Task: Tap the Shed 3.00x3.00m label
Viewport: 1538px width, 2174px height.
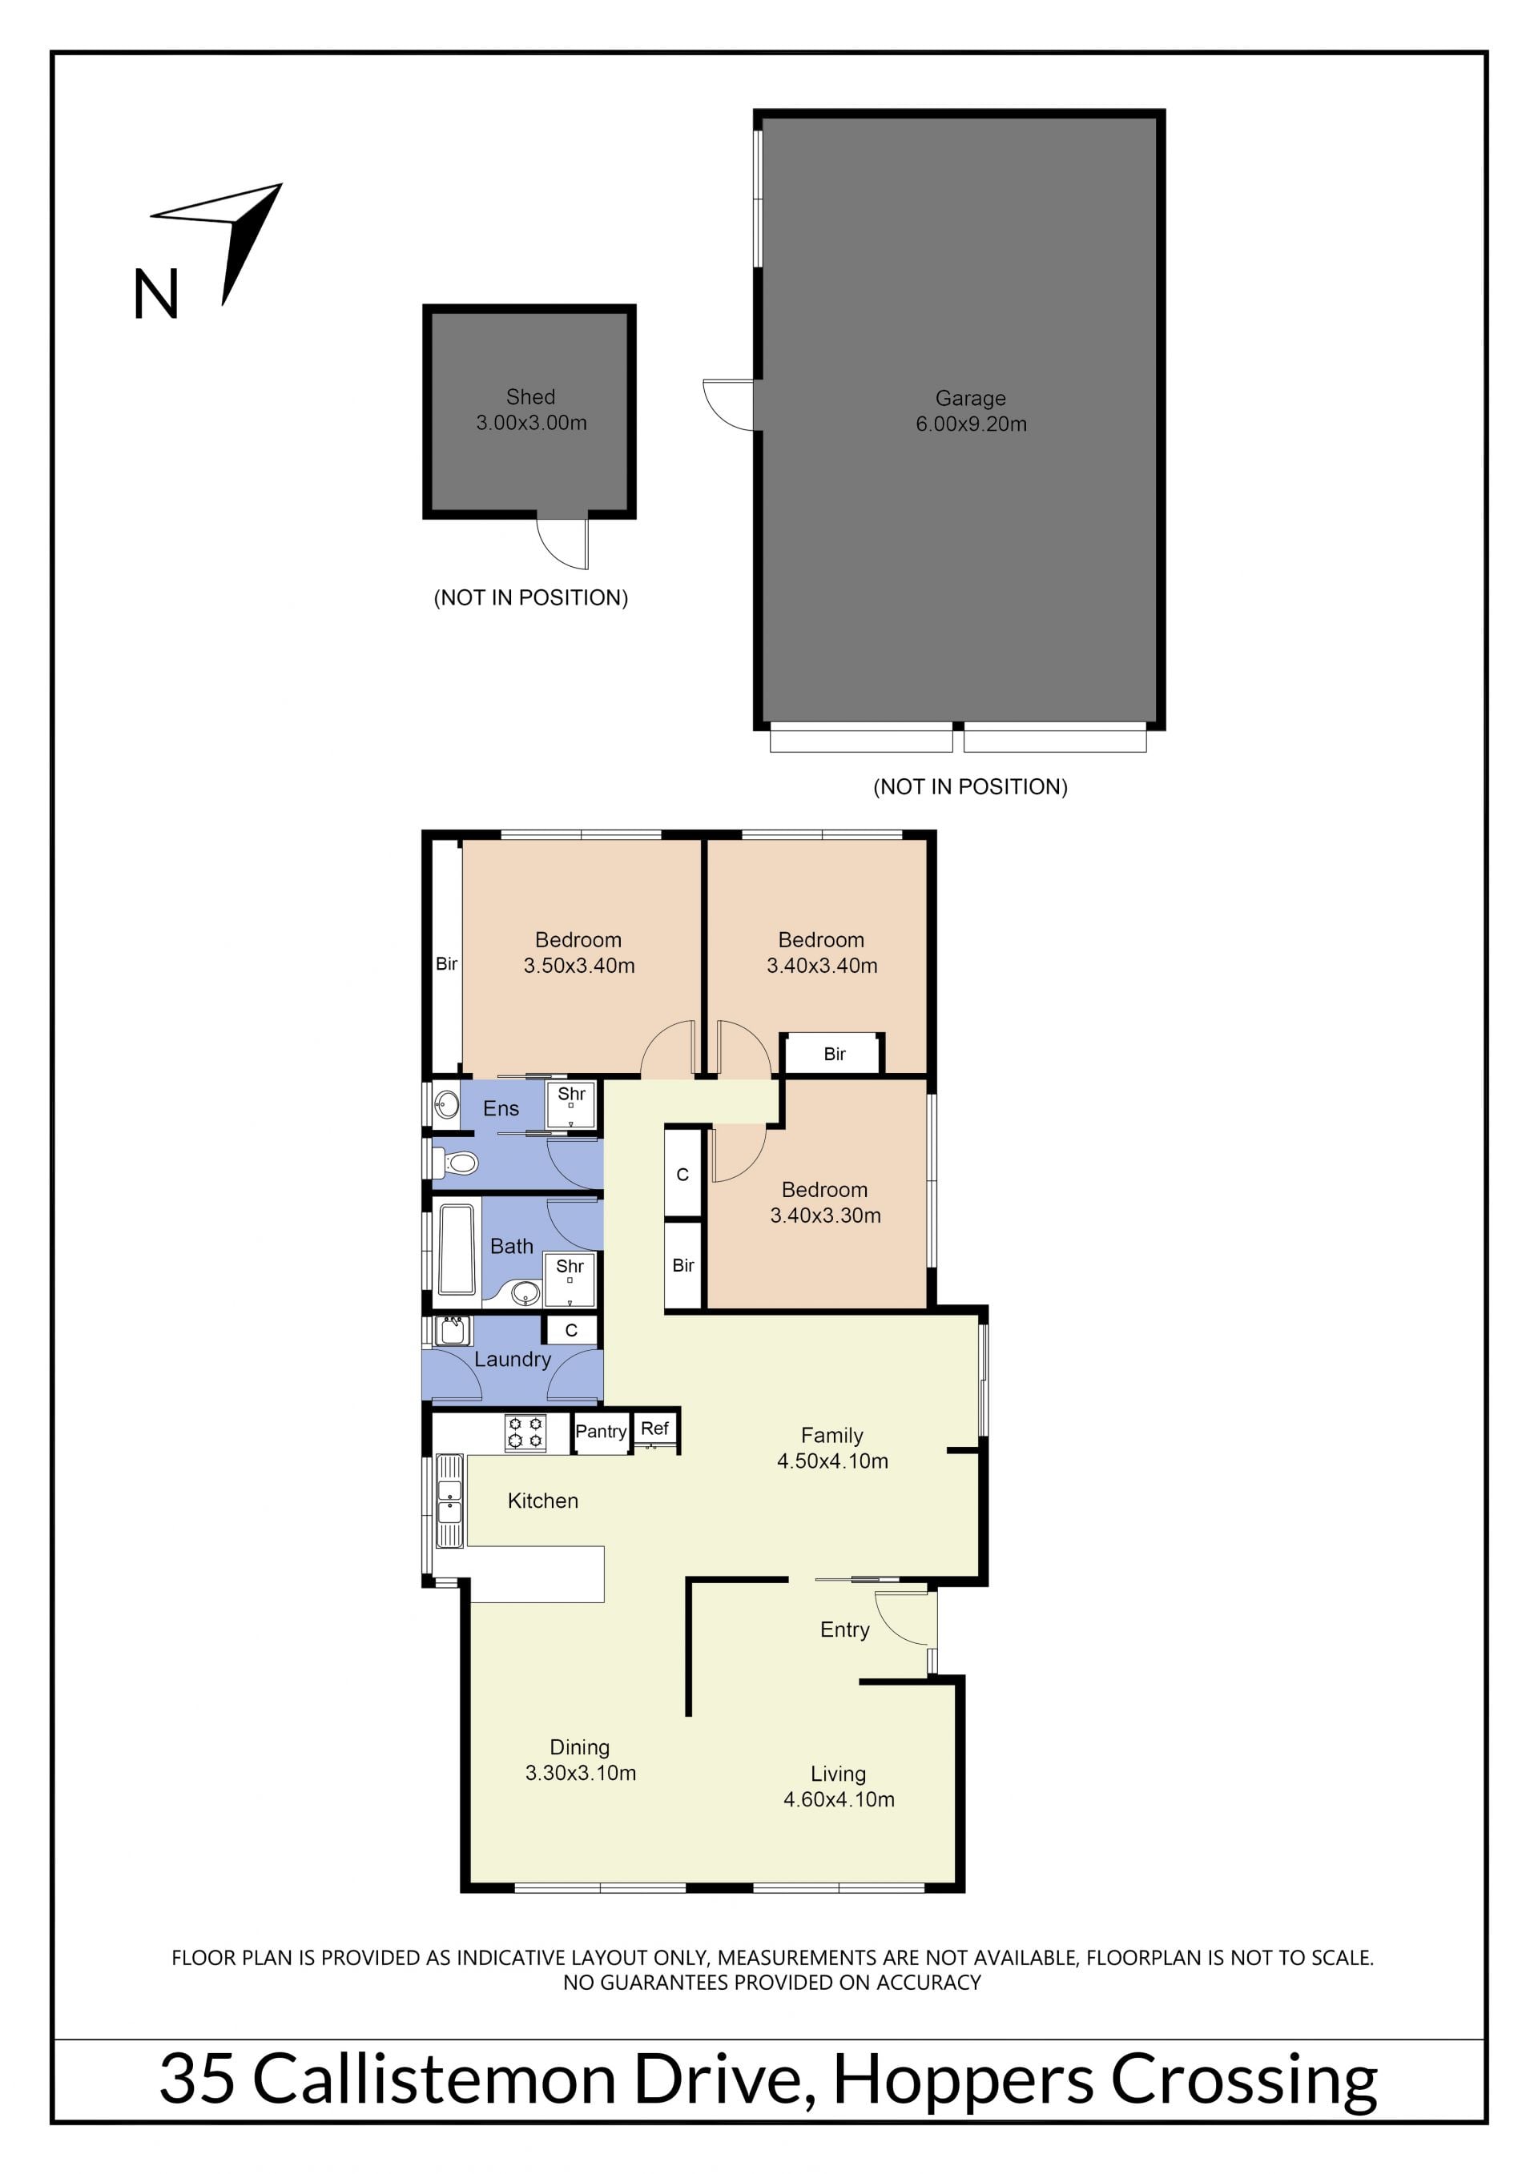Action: (530, 410)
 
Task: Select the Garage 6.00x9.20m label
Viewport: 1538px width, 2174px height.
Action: (971, 411)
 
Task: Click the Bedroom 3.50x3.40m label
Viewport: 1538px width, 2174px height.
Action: (578, 953)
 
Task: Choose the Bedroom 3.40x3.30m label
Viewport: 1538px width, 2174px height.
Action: (825, 1203)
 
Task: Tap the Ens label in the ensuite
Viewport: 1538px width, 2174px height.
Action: (501, 1109)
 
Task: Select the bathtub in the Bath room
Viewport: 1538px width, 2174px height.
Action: (457, 1249)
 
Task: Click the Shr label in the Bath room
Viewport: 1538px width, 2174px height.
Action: (570, 1266)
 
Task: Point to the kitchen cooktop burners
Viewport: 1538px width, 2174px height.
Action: (525, 1433)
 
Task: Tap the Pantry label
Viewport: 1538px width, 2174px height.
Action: (601, 1431)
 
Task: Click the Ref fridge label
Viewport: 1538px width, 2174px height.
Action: (654, 1428)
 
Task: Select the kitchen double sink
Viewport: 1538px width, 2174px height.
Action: (449, 1501)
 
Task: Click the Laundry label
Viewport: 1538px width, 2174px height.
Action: (513, 1360)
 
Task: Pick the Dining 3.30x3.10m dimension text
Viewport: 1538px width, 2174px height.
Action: (581, 1773)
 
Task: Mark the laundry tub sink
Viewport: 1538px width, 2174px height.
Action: (453, 1330)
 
